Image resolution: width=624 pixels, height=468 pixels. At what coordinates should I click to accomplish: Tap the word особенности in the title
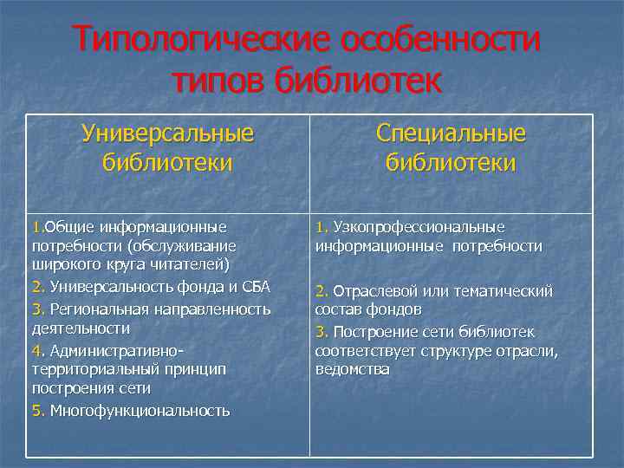441,41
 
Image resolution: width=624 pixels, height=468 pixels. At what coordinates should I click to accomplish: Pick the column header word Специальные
451,133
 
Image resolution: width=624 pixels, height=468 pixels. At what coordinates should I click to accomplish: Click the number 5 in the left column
36,410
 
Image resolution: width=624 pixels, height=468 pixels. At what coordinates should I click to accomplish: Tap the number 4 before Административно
36,350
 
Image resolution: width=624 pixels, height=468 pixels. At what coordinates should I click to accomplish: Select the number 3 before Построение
320,332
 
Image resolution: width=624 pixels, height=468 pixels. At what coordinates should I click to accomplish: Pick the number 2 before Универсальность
36,286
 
